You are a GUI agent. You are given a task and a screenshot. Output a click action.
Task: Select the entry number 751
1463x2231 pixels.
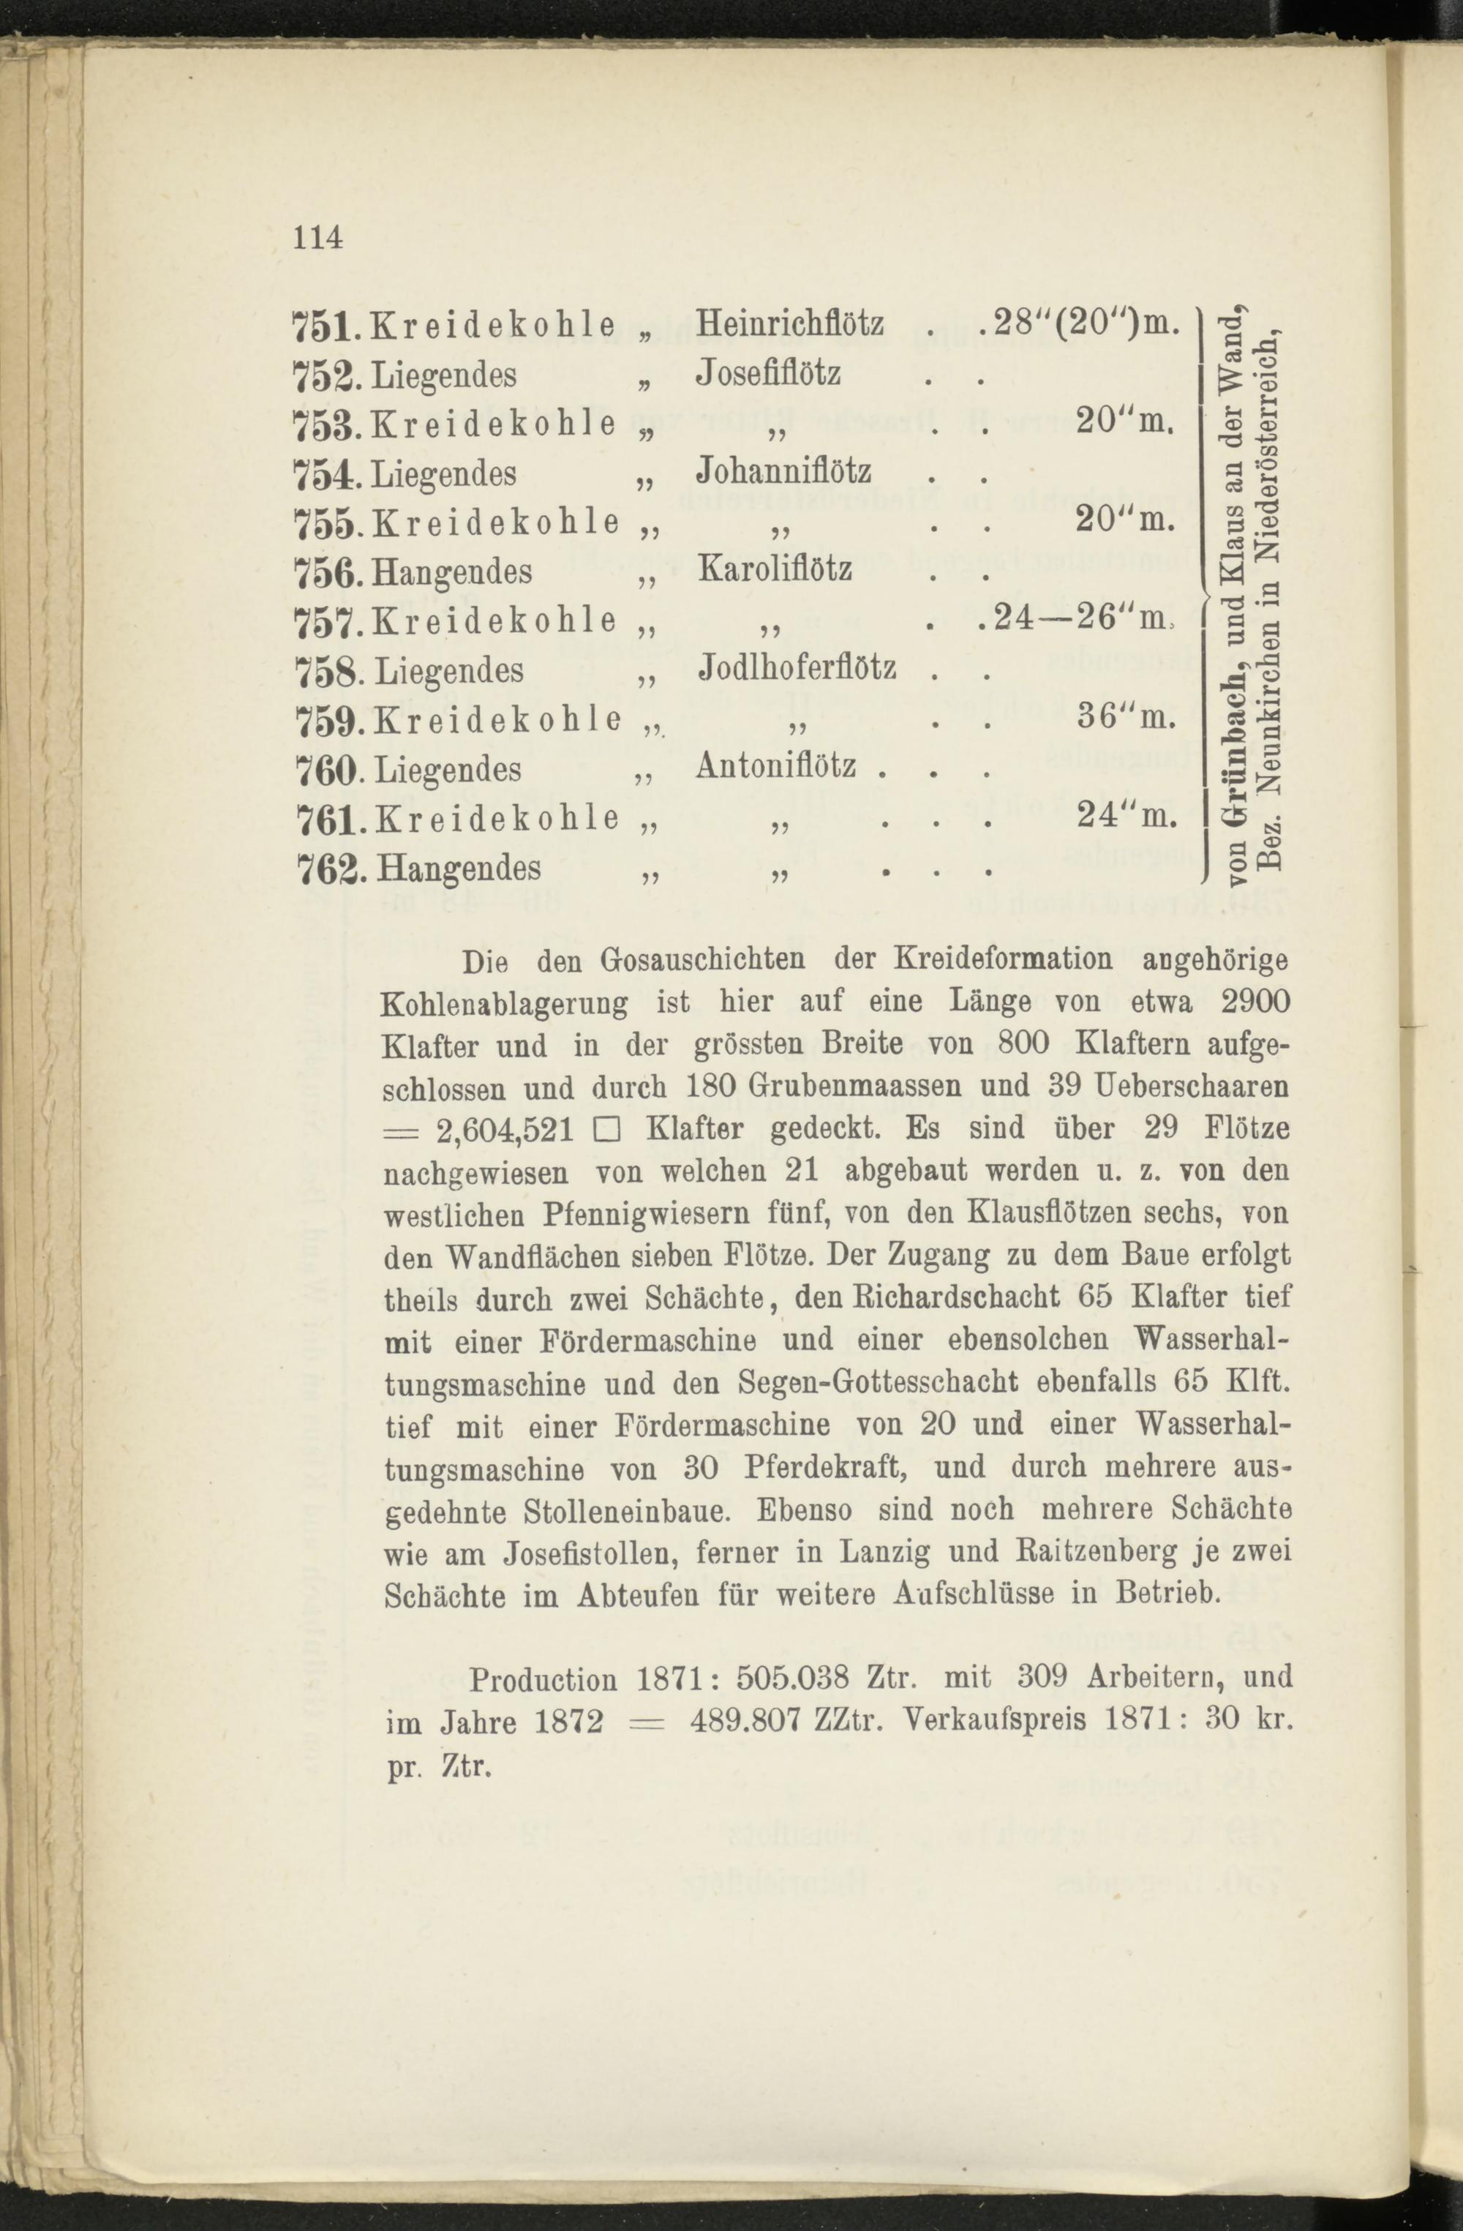pos(321,326)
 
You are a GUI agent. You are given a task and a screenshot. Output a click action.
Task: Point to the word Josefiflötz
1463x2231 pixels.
pos(769,373)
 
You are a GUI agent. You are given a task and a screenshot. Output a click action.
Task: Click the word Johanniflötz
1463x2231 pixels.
pos(784,470)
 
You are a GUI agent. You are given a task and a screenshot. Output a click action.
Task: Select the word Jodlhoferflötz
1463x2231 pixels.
pos(797,667)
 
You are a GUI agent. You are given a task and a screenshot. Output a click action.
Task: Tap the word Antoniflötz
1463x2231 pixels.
pos(776,767)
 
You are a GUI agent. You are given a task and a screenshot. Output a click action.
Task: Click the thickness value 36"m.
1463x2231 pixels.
pos(1124,717)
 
